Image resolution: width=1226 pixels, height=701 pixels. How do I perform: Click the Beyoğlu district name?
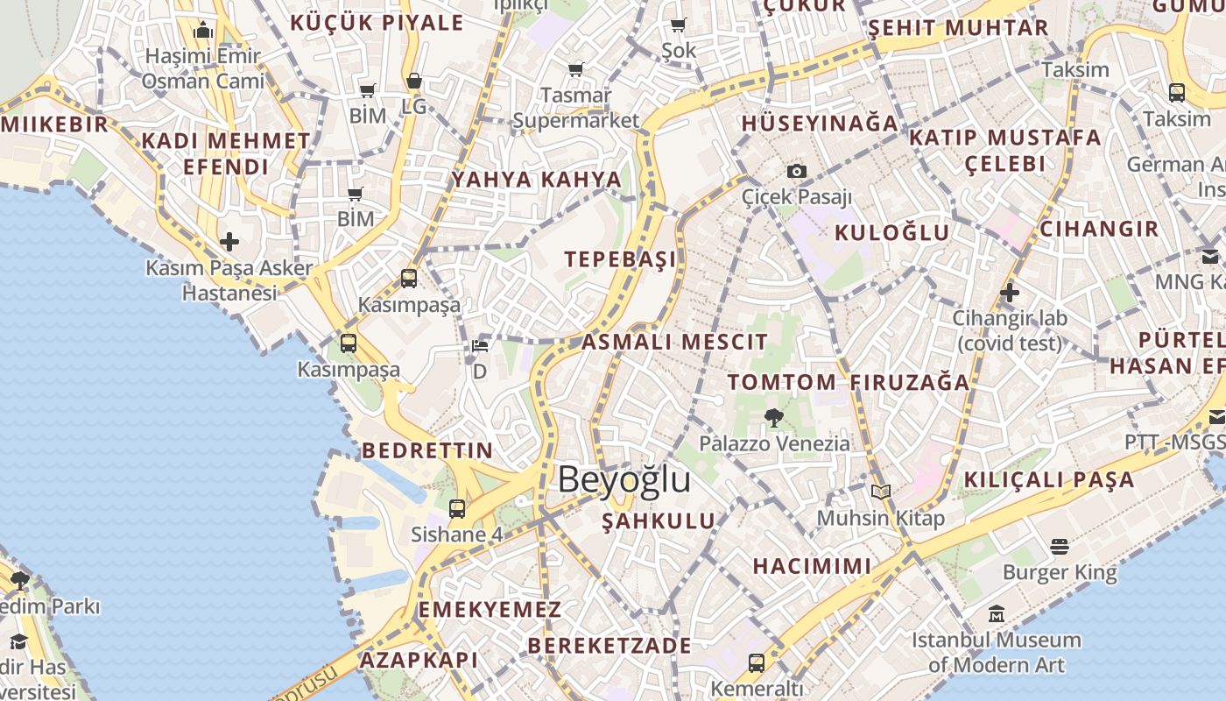624,480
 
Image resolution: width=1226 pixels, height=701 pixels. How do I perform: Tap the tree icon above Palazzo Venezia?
773,418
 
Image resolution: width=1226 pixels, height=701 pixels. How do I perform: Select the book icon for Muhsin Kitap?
880,492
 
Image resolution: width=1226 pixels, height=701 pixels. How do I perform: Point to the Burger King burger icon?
1060,547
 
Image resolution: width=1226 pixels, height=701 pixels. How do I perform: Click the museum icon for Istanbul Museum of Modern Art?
997,613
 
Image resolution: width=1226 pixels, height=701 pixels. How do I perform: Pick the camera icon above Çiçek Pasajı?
796,171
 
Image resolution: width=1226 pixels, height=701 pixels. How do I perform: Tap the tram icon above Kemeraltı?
756,662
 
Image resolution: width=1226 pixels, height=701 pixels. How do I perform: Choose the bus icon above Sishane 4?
456,508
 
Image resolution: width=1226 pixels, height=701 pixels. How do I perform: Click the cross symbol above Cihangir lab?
1010,292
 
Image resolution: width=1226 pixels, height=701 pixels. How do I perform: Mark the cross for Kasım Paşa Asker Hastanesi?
229,242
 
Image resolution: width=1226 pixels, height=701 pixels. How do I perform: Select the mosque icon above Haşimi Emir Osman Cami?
203,31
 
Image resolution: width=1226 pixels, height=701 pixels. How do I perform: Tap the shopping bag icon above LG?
413,81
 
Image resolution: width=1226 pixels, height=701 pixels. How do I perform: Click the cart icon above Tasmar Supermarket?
575,69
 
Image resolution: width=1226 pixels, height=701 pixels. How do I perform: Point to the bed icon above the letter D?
480,345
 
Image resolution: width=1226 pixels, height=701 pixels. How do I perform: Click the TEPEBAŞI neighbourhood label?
620,259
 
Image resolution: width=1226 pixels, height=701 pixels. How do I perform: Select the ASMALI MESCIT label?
674,342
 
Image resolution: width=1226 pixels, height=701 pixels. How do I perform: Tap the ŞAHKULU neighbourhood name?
659,521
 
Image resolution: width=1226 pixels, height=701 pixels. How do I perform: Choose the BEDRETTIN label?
427,450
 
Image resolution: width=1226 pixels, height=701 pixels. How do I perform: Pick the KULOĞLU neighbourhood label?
891,232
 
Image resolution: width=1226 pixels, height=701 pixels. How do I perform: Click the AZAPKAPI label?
419,660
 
